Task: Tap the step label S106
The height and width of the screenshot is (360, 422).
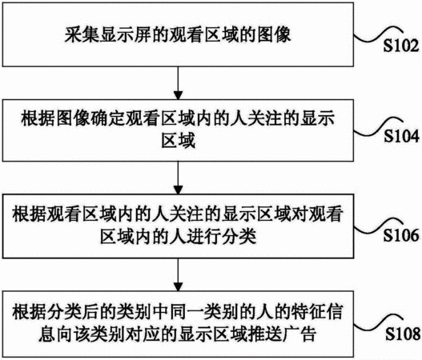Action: pos(401,234)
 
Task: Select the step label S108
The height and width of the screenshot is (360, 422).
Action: pos(403,334)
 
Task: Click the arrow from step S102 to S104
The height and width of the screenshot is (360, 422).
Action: pos(178,83)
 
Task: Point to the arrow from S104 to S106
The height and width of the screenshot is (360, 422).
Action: pos(178,178)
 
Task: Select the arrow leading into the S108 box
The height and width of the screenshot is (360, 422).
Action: pos(178,274)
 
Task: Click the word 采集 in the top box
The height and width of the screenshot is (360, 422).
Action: pos(82,35)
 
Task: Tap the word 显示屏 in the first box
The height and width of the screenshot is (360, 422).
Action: pos(126,35)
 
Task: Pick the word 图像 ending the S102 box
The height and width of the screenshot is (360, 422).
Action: pos(274,35)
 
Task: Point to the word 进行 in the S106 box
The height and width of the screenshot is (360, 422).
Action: pos(203,237)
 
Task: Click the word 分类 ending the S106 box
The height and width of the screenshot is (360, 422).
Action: pos(239,237)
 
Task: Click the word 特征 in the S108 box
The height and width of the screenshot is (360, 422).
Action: pos(308,312)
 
